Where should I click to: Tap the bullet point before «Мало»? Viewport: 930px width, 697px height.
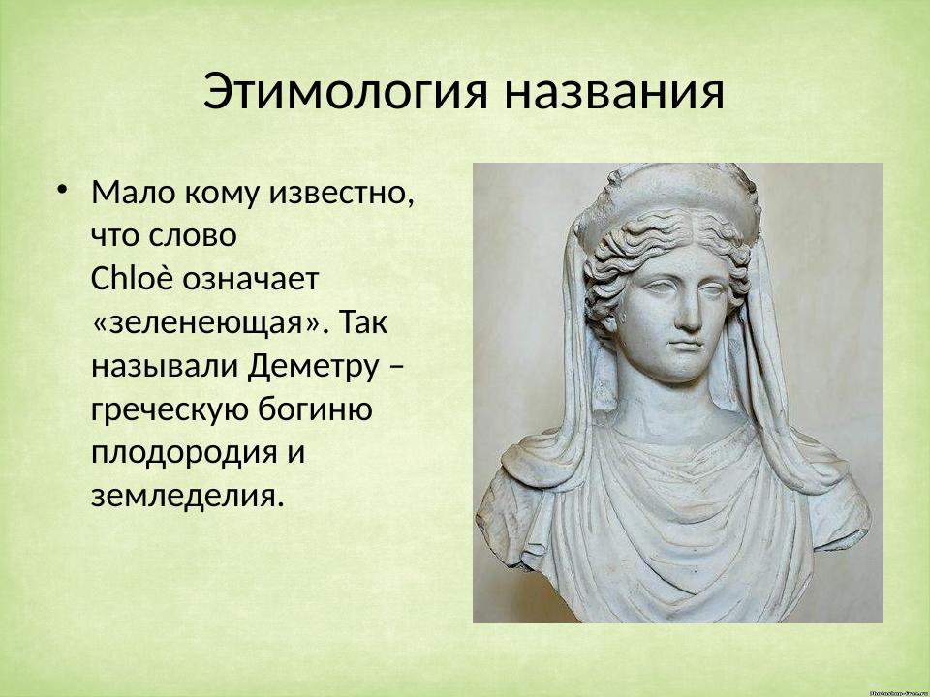tap(62, 187)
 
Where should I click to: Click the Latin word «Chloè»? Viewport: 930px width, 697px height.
tap(133, 279)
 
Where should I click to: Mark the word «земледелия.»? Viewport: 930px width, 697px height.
tap(189, 497)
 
